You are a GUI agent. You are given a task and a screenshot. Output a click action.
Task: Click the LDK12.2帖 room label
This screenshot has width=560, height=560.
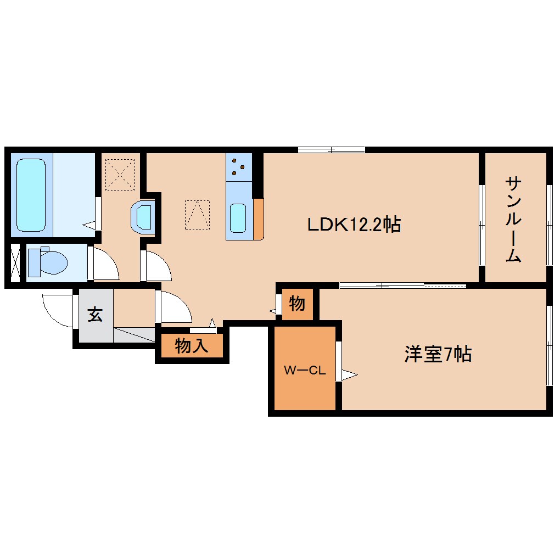(x=353, y=224)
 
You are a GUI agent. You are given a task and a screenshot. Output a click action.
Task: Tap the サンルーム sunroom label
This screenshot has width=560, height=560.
(x=513, y=219)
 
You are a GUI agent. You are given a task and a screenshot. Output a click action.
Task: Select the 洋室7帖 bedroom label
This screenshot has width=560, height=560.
(x=438, y=355)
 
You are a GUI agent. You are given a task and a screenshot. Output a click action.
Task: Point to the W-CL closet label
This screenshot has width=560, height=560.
(x=305, y=370)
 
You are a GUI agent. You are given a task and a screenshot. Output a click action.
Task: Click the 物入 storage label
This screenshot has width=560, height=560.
(x=192, y=346)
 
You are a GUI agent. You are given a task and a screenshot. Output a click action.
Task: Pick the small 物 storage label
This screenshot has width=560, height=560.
(x=297, y=303)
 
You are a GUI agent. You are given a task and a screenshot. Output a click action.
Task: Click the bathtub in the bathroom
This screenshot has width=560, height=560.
(x=31, y=195)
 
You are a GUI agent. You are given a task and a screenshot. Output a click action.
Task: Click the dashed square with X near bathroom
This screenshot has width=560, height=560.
(x=120, y=174)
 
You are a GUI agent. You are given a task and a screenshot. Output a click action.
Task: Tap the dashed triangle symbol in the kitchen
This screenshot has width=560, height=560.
(x=197, y=215)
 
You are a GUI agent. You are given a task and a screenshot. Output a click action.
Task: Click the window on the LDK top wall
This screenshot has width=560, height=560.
(x=332, y=149)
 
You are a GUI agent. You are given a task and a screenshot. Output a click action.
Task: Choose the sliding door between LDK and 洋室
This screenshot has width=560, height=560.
(x=402, y=285)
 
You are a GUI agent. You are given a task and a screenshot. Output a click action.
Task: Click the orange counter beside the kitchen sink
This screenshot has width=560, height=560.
(x=258, y=219)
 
